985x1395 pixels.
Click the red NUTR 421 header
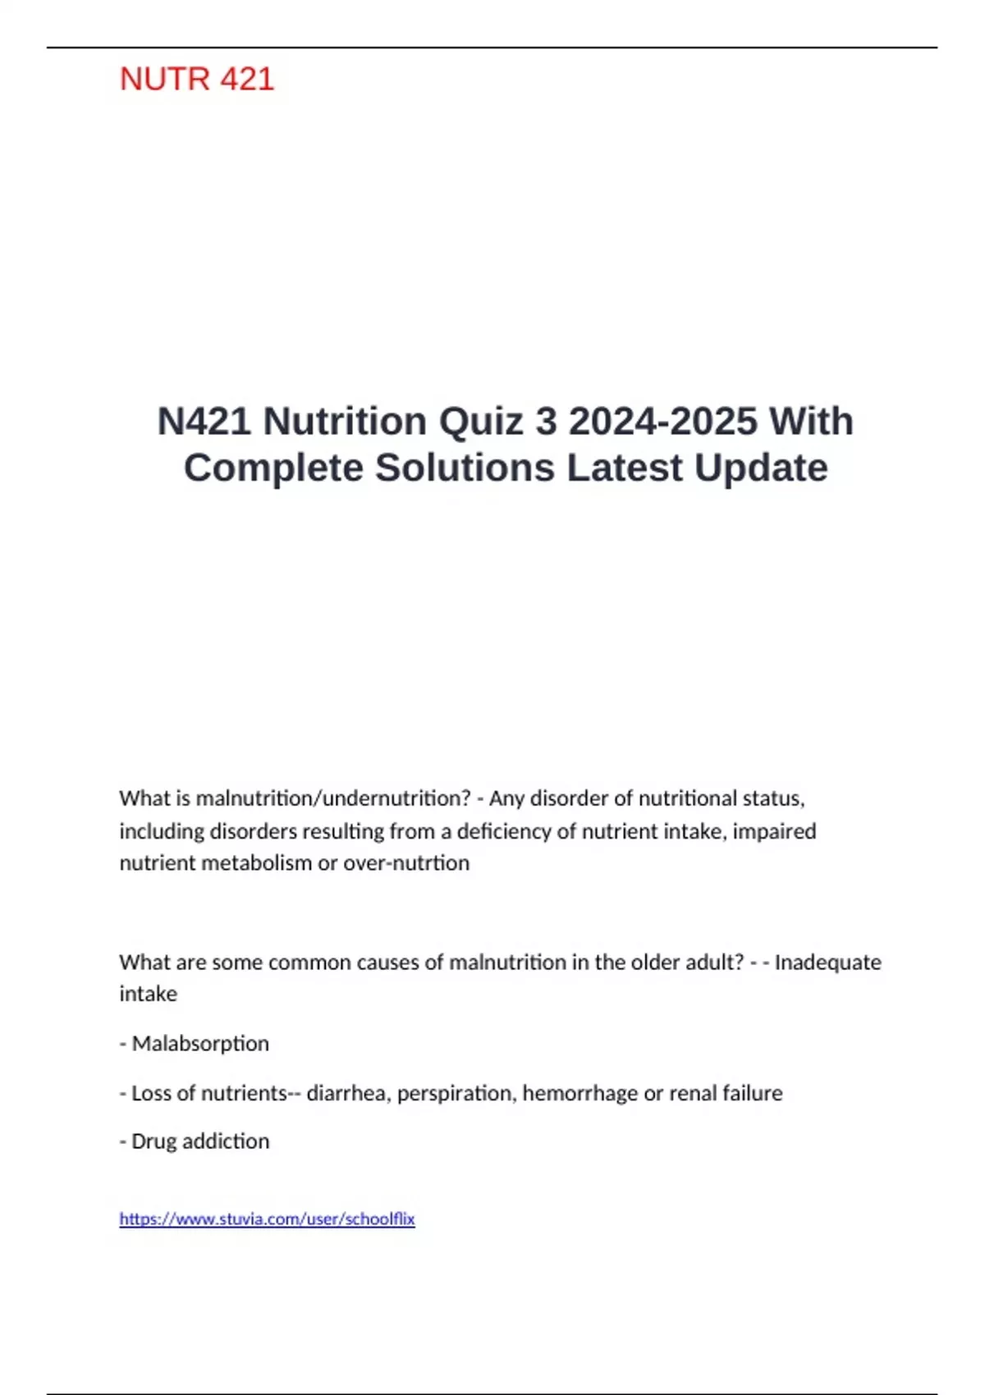coord(197,80)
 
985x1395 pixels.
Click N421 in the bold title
coord(204,422)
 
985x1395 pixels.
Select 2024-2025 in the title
coord(663,422)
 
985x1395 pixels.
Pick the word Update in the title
coord(761,469)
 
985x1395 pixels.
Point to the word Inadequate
coord(827,962)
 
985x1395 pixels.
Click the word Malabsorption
coord(200,1044)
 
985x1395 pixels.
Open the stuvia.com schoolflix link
coord(267,1219)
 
